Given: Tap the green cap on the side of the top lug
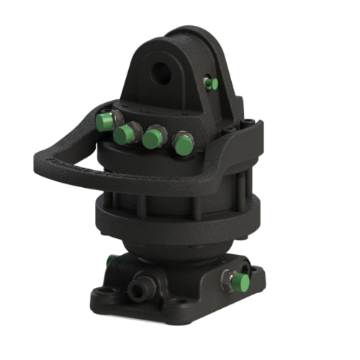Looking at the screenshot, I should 211,84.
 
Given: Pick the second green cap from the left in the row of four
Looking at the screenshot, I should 127,134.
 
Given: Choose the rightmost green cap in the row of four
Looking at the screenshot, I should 182,144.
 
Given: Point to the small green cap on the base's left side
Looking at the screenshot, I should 110,261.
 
